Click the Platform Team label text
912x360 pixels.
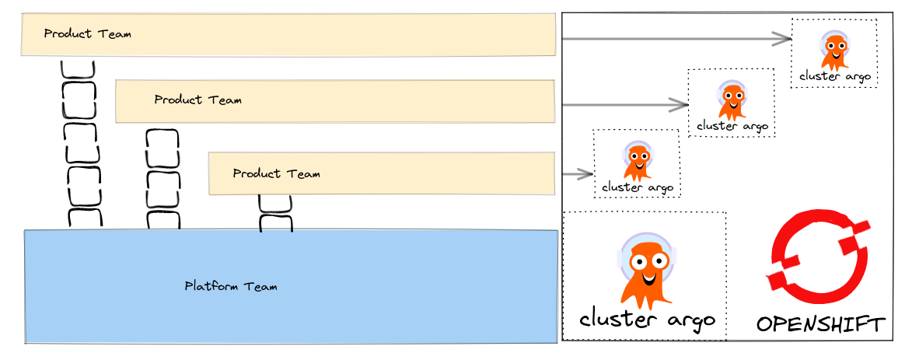[x=230, y=286]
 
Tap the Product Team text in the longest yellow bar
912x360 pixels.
[x=87, y=34]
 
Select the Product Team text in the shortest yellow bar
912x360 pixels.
[x=276, y=173]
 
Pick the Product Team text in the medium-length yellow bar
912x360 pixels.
[x=197, y=100]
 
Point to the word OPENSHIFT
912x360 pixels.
[x=820, y=324]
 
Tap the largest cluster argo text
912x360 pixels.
[x=647, y=320]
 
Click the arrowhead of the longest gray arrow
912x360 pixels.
[x=784, y=38]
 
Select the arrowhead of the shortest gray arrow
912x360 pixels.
[x=587, y=174]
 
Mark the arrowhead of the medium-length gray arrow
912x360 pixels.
[x=682, y=104]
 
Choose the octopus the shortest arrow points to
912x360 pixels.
[x=636, y=159]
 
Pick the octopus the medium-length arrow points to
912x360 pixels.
[x=731, y=99]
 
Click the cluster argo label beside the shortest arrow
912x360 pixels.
[x=637, y=187]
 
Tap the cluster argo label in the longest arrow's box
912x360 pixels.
[x=834, y=76]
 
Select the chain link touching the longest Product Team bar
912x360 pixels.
[x=78, y=68]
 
